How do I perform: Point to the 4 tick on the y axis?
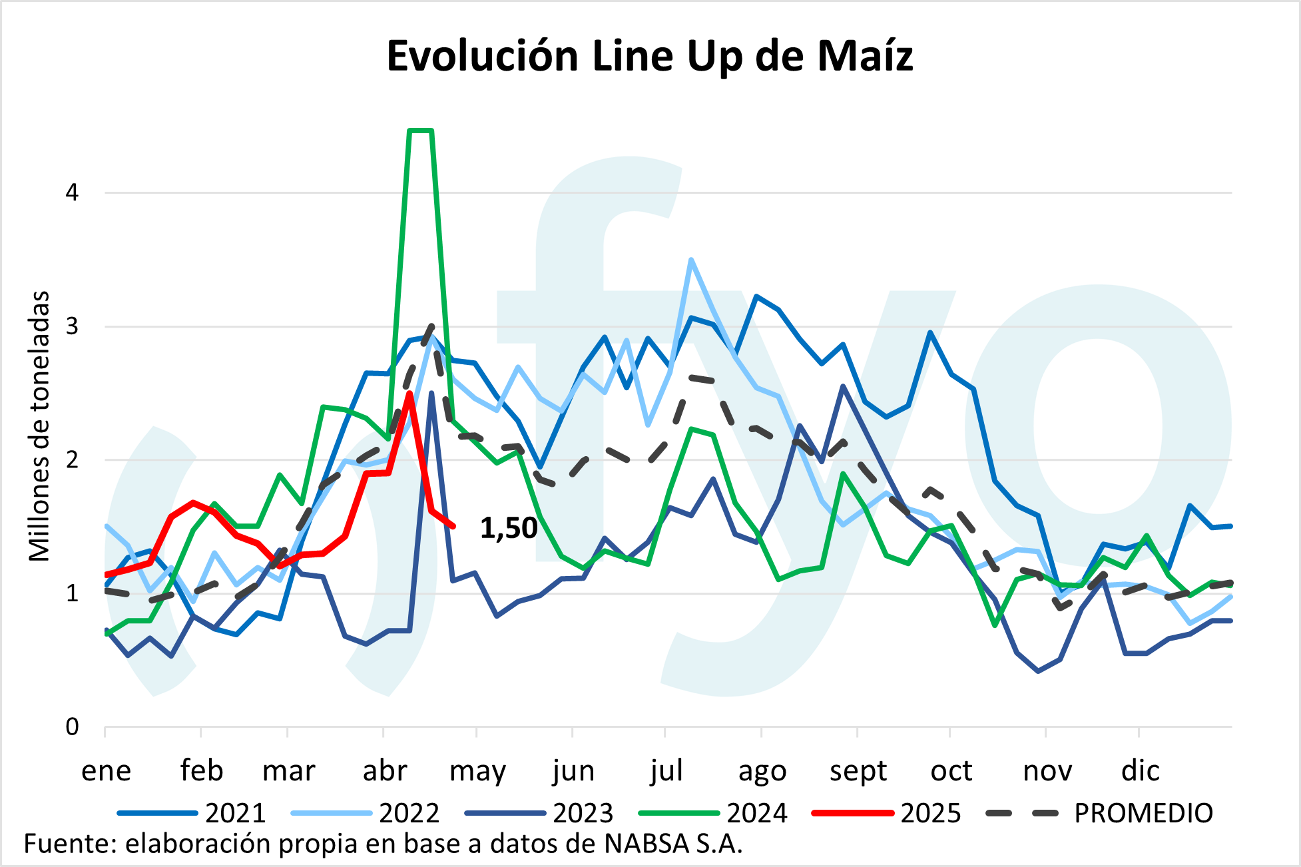[x=72, y=193]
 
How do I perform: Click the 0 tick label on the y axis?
[x=72, y=726]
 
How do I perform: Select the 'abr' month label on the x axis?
[x=384, y=771]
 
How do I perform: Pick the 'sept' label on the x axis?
[x=858, y=771]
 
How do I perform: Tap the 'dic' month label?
[x=1140, y=771]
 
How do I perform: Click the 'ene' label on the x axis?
[x=106, y=771]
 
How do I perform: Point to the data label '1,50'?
[x=509, y=528]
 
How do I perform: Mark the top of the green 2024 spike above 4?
[x=421, y=131]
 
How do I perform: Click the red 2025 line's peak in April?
[x=410, y=394]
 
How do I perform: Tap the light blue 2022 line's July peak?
[x=691, y=260]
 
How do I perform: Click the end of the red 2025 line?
[x=453, y=527]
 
